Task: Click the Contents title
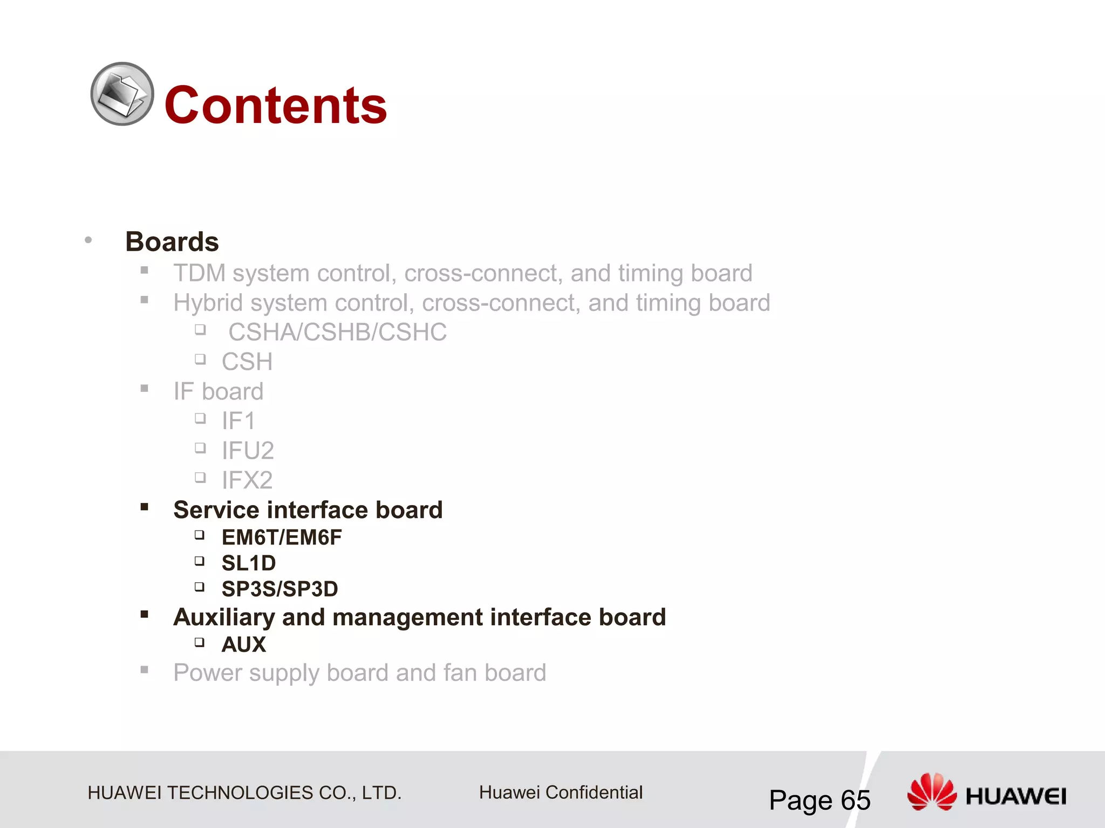276,105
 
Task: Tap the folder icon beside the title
122,94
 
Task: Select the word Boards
172,241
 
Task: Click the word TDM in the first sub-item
199,273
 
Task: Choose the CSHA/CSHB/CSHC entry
337,332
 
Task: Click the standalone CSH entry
247,362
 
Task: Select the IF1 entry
238,421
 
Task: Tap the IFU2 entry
248,451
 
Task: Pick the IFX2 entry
247,480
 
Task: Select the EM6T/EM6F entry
282,537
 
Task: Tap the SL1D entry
249,563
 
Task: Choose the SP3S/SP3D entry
279,589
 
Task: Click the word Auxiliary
223,617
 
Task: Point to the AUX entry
244,645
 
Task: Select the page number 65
855,800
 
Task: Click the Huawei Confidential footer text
561,792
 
